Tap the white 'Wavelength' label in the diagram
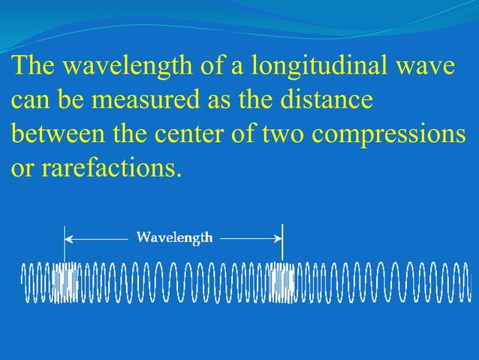[x=174, y=237]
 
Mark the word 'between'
[x=57, y=134]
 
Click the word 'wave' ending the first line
[x=426, y=68]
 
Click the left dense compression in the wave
[x=66, y=283]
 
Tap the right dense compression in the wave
[x=283, y=283]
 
